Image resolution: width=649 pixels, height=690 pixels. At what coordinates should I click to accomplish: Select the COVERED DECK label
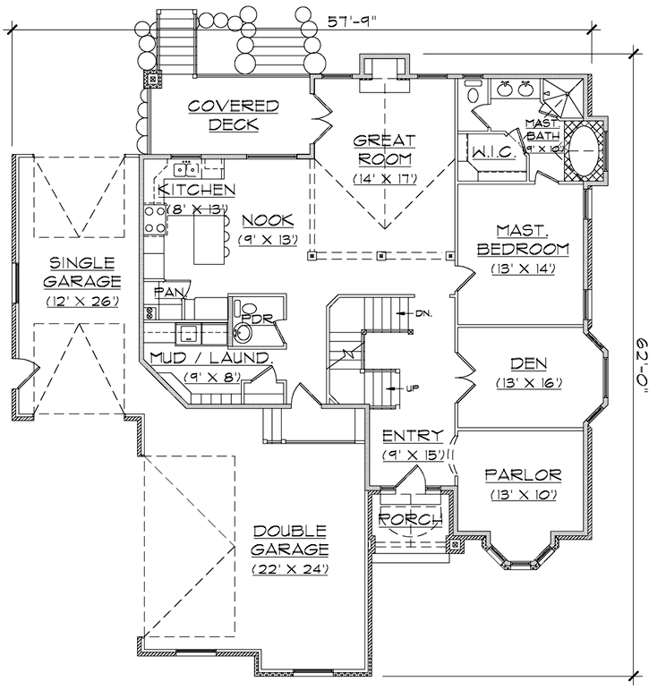pos(234,115)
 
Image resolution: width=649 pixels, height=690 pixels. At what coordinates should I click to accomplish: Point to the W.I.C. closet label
pos(491,150)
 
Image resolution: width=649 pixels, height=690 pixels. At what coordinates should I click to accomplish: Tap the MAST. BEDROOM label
pos(522,239)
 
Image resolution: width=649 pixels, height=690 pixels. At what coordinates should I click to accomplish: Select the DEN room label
pos(521,364)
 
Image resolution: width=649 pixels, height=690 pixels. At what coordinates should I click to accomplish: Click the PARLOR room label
pos(522,474)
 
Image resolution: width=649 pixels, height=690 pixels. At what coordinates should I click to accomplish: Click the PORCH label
pos(411,519)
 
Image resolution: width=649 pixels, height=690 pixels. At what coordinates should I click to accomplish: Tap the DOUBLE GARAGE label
pos(290,540)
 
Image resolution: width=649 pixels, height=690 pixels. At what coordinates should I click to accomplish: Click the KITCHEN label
pos(196,190)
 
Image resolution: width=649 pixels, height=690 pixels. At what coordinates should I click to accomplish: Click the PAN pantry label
pos(169,292)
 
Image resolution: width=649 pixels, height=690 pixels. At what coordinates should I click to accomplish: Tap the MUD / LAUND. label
pos(211,358)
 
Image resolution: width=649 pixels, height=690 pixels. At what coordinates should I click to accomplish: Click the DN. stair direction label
pos(423,313)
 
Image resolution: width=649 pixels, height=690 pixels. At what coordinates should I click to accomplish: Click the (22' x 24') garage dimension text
pos(290,568)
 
